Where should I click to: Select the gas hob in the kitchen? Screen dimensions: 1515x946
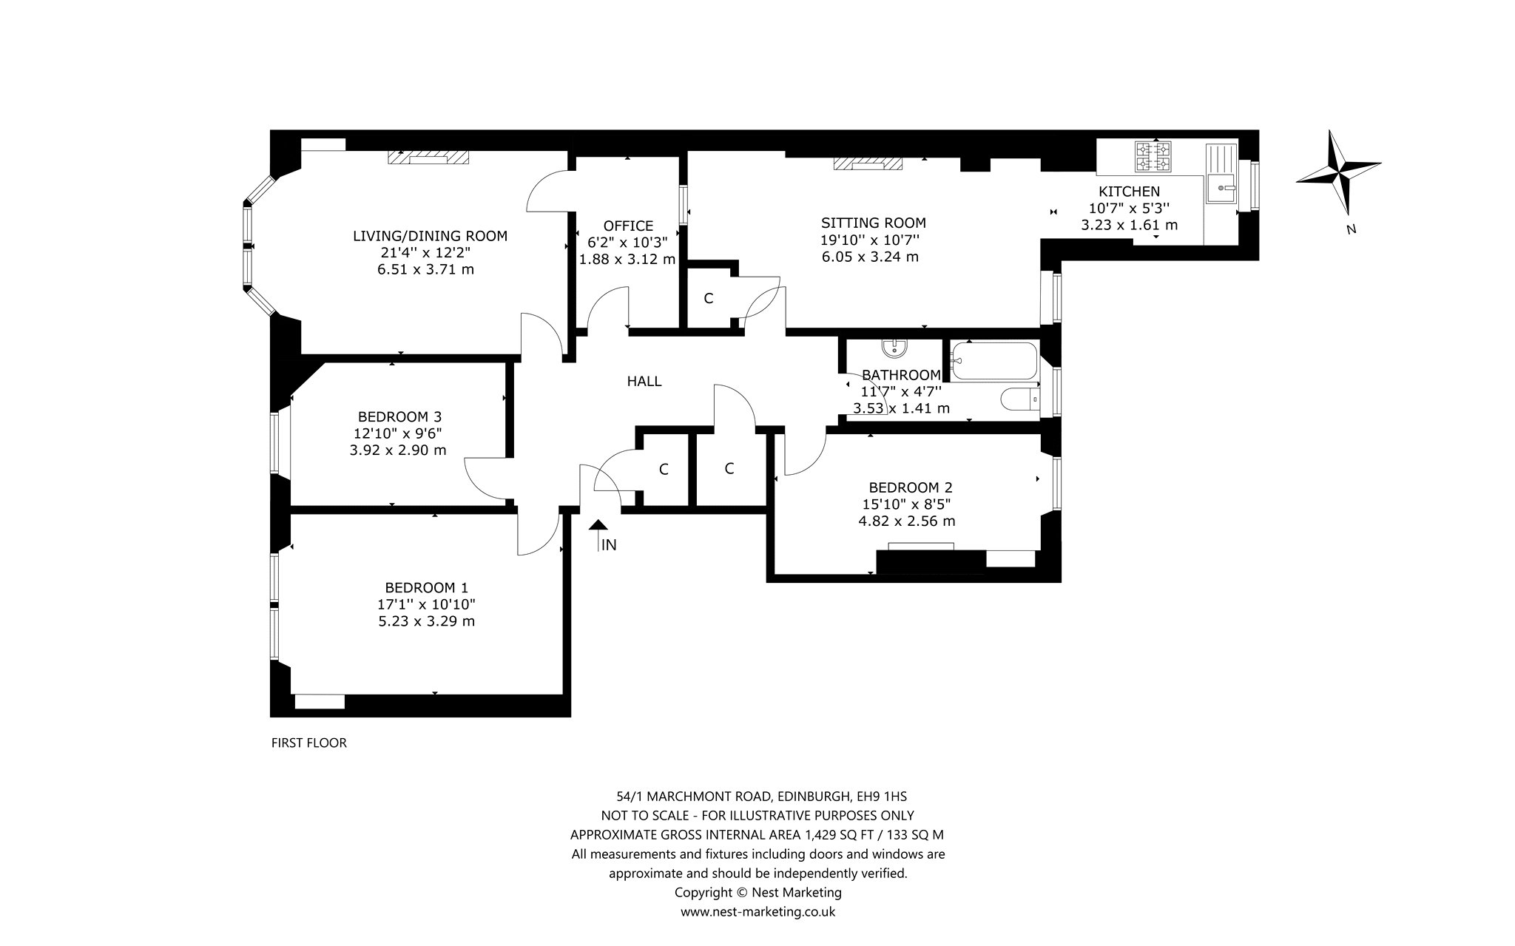(1153, 157)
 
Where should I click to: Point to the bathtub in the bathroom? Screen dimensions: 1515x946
(993, 362)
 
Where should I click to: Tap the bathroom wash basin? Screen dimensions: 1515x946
(896, 347)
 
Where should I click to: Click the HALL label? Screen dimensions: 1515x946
(644, 382)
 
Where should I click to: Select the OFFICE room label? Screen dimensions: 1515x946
(628, 226)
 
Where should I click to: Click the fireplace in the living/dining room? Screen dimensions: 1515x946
(429, 158)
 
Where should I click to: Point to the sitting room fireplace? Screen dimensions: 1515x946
(868, 163)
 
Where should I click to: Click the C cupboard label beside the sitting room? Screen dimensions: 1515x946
(709, 299)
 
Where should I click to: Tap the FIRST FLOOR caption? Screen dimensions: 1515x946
(309, 743)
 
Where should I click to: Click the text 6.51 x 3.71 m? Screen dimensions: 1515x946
(425, 269)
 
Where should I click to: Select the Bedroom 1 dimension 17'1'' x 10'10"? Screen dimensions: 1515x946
(427, 604)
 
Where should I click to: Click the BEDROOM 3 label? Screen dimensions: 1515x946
(399, 416)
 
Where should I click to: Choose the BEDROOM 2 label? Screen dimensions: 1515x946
(911, 487)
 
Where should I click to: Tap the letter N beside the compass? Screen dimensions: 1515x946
(1351, 229)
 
